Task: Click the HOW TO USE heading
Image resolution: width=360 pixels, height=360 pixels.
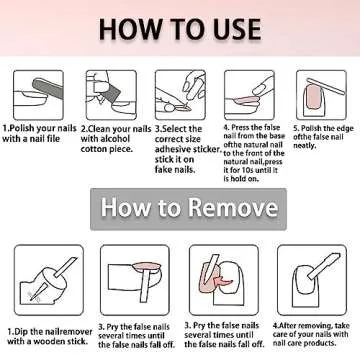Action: click(x=180, y=29)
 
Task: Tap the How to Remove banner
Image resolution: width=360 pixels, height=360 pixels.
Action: click(x=188, y=209)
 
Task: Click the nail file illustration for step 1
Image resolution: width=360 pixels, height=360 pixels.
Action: click(x=38, y=95)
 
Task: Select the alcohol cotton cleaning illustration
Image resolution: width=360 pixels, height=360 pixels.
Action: click(x=111, y=95)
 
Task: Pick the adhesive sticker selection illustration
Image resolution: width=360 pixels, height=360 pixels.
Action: click(x=180, y=95)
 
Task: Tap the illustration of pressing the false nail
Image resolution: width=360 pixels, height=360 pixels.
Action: click(x=249, y=95)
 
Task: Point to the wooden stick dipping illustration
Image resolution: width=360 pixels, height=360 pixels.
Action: click(x=49, y=280)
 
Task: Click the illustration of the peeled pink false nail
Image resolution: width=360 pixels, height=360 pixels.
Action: click(x=224, y=280)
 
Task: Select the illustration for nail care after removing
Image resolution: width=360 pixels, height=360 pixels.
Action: click(x=312, y=280)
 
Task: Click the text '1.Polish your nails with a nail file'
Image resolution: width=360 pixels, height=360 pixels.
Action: click(x=39, y=133)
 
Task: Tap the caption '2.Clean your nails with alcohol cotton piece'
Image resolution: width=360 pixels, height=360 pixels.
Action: click(x=116, y=138)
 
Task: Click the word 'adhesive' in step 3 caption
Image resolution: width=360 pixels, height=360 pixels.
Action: click(x=176, y=149)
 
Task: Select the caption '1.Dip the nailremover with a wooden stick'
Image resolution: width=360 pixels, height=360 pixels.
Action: click(x=50, y=336)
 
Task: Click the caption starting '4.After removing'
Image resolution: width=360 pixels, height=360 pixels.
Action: click(x=311, y=334)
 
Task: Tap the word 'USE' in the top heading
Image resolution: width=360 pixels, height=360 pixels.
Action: click(x=235, y=29)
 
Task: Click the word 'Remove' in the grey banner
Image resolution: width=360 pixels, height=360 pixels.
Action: click(x=232, y=207)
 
